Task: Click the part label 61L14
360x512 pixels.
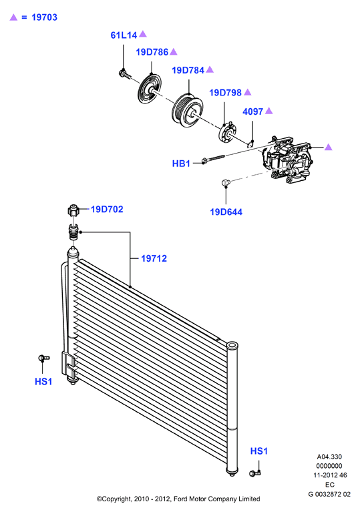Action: (x=124, y=35)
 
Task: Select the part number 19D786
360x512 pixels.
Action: (x=152, y=52)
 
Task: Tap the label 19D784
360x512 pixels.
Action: (x=188, y=70)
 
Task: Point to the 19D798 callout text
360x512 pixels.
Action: (x=225, y=93)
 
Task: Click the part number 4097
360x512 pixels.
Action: (x=253, y=111)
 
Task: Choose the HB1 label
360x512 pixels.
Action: (x=181, y=164)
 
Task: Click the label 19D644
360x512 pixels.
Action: (x=226, y=212)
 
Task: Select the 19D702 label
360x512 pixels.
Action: (x=107, y=210)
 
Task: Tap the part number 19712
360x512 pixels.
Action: (x=154, y=258)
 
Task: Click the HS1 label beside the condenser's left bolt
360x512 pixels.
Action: (x=43, y=381)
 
